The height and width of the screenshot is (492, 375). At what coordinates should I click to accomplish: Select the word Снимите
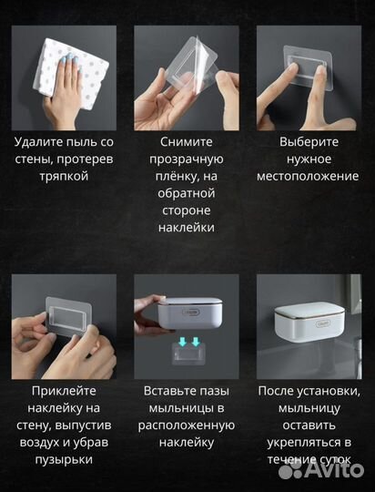[186, 143]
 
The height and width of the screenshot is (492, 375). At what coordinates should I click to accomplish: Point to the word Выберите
[309, 143]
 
